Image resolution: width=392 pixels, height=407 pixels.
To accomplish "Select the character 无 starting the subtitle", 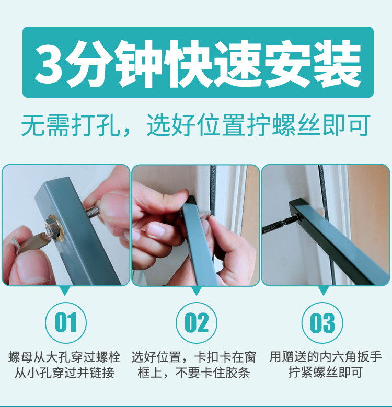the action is point(32,125).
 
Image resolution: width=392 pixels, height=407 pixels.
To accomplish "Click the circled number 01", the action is point(66,322).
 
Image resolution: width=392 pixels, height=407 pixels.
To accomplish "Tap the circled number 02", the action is point(197,322).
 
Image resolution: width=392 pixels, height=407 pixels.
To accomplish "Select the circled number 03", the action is point(322,322).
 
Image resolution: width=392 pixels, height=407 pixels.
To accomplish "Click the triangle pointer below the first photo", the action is point(65,290).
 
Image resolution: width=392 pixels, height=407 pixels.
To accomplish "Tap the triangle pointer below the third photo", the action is point(323,290).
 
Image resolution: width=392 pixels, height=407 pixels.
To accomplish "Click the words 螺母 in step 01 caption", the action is point(20,357).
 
